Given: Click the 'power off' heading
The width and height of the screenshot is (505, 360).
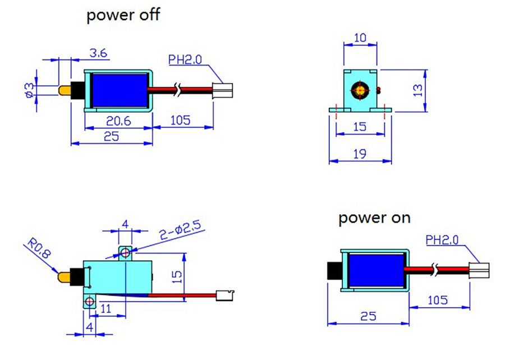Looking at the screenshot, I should coord(123,15).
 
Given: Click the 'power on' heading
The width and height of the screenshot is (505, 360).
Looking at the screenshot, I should coord(374,218).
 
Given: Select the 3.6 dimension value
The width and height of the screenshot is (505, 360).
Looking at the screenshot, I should coord(99,54).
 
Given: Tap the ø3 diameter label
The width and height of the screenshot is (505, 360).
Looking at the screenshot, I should coord(30,89).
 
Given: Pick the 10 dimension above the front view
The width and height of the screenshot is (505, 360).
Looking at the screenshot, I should coord(359,39).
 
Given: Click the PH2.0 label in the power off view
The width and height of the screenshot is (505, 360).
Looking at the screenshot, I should coord(185,59).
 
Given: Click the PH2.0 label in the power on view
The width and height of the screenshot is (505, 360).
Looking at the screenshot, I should coord(442,241).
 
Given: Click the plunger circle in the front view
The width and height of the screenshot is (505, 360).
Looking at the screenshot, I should coord(359,90).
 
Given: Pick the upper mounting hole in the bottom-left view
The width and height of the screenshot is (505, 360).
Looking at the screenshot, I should coord(125,254).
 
